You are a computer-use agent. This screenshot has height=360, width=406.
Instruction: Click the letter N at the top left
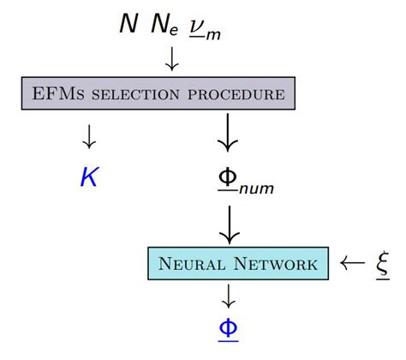pyautogui.click(x=128, y=24)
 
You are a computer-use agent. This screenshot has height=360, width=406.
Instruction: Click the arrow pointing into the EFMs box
pyautogui.click(x=171, y=58)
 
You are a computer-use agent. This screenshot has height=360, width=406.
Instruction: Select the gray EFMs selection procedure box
pyautogui.click(x=158, y=93)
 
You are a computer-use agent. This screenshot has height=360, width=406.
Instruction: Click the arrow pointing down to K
pyautogui.click(x=88, y=136)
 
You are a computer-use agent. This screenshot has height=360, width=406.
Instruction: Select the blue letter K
pyautogui.click(x=88, y=177)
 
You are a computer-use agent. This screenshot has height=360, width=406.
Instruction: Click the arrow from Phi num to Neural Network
pyautogui.click(x=229, y=225)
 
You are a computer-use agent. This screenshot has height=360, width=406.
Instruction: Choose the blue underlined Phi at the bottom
pyautogui.click(x=229, y=330)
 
